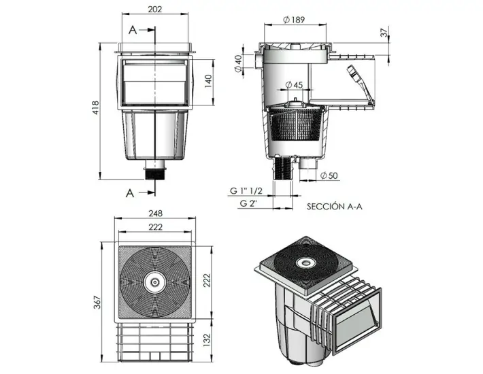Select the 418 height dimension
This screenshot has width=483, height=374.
[x=97, y=109]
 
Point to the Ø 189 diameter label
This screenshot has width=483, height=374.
[x=293, y=19]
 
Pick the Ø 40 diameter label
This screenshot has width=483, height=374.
[x=237, y=65]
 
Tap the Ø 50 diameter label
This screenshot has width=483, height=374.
[x=329, y=176]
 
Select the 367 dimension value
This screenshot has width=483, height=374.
[x=97, y=300]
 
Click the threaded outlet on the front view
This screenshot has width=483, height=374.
[x=156, y=170]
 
